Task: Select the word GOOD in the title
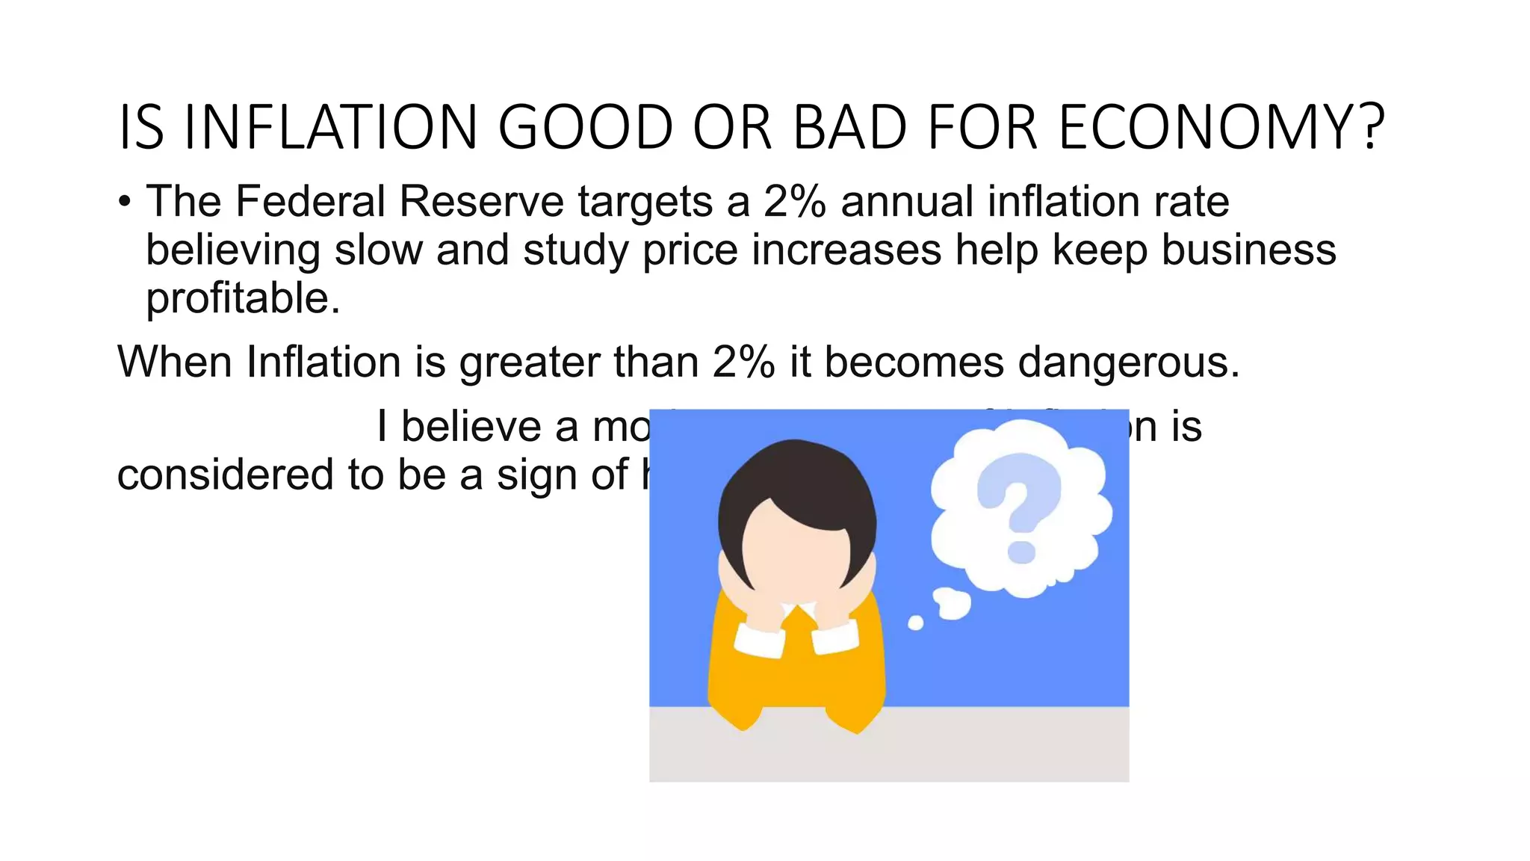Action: click(x=586, y=127)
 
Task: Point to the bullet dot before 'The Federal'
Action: click(x=125, y=202)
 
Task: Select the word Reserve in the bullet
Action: click(x=482, y=202)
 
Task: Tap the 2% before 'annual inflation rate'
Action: click(x=795, y=202)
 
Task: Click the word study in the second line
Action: click(x=576, y=251)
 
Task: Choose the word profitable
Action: click(x=243, y=299)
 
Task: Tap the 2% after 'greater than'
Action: click(x=743, y=362)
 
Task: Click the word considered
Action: click(x=225, y=475)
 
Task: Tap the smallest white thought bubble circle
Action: click(x=915, y=623)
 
